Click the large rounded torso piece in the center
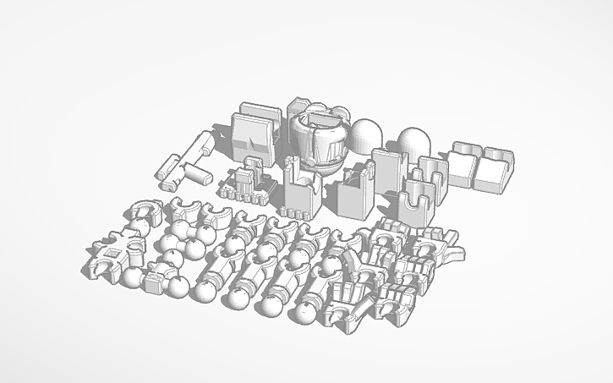[x=320, y=140]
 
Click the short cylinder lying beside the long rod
[x=197, y=175]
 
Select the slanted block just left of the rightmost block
[x=464, y=164]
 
